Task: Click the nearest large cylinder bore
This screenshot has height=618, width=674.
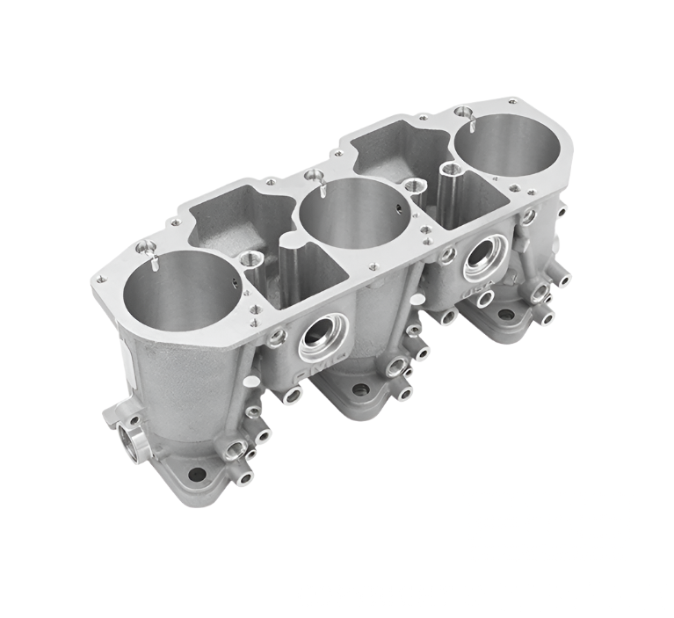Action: point(181,291)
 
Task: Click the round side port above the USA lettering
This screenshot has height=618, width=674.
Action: point(481,257)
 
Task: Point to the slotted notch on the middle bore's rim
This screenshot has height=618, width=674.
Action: point(323,185)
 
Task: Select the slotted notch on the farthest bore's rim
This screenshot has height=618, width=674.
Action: point(473,120)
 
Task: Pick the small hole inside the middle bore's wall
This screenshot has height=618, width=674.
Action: point(397,209)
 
